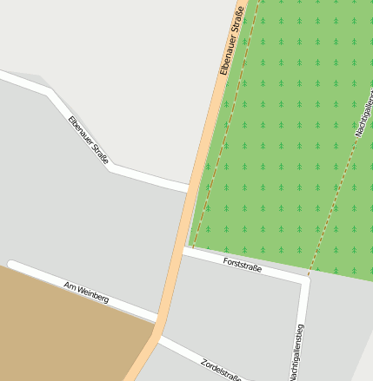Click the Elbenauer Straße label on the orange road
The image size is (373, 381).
230,41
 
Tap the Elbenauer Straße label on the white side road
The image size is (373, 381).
89,139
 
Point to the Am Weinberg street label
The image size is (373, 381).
86,292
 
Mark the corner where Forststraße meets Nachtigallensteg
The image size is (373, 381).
305,280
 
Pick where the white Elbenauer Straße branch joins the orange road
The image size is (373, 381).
190,187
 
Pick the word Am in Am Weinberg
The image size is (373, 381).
70,286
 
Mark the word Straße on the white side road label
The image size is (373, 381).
100,154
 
